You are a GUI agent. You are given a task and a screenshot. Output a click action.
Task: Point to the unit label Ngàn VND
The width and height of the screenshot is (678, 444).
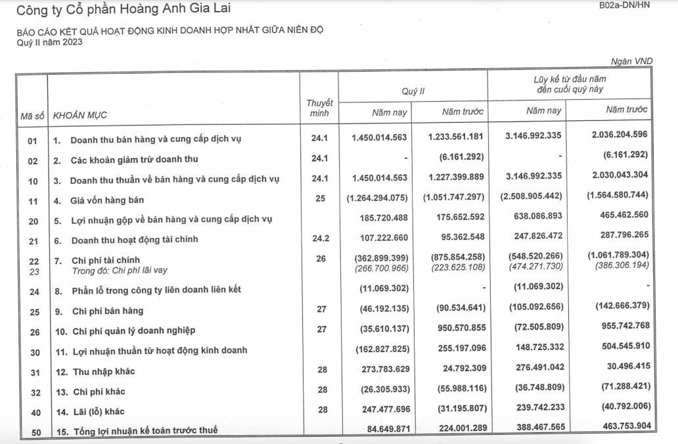pyautogui.click(x=631, y=61)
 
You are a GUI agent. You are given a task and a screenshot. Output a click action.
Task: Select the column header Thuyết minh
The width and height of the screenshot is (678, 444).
pyautogui.click(x=319, y=108)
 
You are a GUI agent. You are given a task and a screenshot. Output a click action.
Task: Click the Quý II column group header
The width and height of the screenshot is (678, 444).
pyautogui.click(x=413, y=91)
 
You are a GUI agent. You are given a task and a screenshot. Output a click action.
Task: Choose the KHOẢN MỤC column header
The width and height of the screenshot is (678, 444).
pyautogui.click(x=79, y=116)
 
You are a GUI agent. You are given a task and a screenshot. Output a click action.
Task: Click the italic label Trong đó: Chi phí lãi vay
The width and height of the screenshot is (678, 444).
pyautogui.click(x=116, y=270)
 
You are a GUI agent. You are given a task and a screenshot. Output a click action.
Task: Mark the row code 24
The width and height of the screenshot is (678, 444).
pyautogui.click(x=33, y=291)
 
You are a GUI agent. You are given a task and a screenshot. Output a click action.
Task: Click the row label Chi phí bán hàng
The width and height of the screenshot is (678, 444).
pyautogui.click(x=108, y=311)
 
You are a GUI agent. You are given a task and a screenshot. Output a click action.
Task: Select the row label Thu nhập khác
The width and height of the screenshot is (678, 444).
pyautogui.click(x=104, y=371)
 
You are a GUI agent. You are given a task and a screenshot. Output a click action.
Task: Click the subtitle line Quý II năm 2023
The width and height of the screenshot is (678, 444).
pyautogui.click(x=50, y=43)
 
